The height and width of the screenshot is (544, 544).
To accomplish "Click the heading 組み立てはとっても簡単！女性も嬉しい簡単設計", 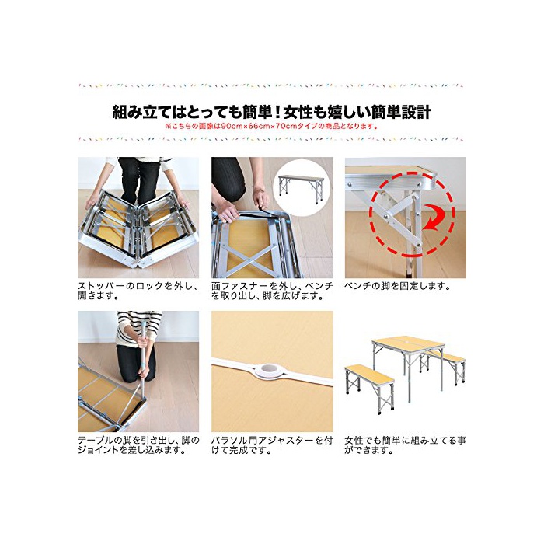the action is (x=272, y=113).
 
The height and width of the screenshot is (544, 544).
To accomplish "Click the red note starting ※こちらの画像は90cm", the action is (x=271, y=126).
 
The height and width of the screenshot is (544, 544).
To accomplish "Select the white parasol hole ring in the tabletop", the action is (x=269, y=371).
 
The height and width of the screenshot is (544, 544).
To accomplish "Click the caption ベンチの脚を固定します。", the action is (x=398, y=286).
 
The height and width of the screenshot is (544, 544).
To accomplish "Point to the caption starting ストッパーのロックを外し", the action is (x=138, y=291).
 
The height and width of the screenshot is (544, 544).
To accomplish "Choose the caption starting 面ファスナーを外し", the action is (x=272, y=291).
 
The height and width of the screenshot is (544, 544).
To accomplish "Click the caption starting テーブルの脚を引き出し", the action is (x=138, y=445).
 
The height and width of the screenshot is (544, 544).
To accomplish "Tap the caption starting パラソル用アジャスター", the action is (x=272, y=445).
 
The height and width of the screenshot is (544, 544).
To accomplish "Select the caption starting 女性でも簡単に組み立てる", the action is (x=405, y=445).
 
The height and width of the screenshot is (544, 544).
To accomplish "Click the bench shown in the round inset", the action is (x=302, y=189).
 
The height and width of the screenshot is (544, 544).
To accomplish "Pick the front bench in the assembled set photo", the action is (x=370, y=388).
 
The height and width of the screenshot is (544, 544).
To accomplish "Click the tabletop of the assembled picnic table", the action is (x=408, y=343).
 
